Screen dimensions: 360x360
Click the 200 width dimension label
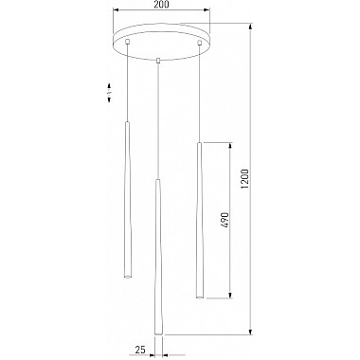click(x=162, y=5)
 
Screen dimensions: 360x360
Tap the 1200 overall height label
click(x=245, y=179)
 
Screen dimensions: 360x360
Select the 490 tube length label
click(x=225, y=220)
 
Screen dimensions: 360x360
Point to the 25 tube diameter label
click(x=140, y=350)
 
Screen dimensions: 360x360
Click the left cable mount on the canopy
click(x=128, y=42)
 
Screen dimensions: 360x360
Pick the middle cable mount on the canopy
click(x=158, y=60)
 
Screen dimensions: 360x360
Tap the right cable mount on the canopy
click(x=199, y=43)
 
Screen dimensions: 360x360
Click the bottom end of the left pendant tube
click(x=127, y=277)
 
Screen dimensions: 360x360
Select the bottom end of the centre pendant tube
click(x=158, y=333)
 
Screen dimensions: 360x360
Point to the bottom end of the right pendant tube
click(x=199, y=297)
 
